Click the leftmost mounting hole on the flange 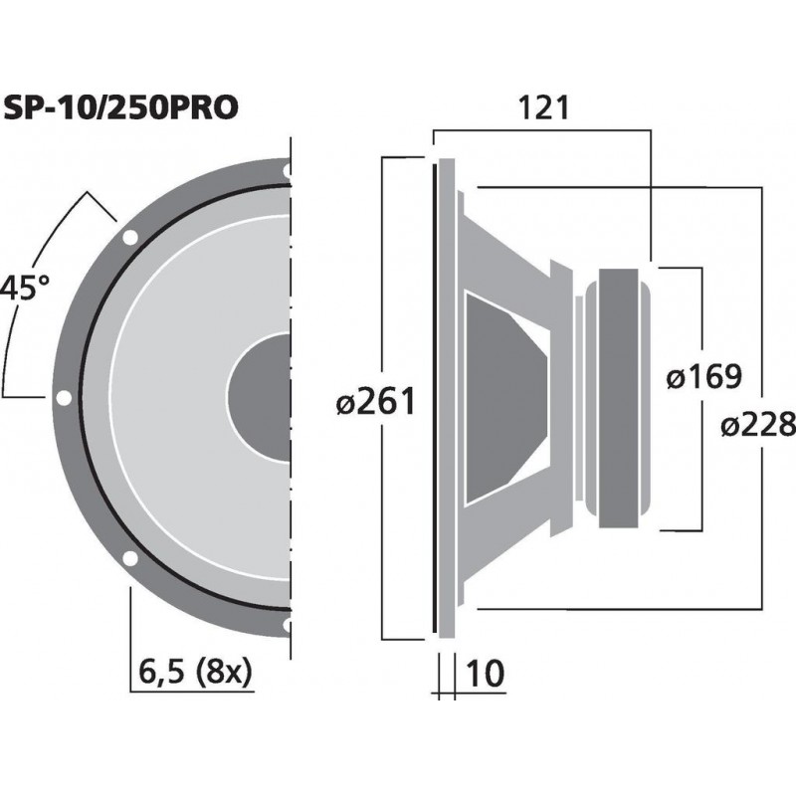64,398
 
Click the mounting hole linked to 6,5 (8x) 129,558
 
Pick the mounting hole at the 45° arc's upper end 129,238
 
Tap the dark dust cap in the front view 261,398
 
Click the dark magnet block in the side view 624,398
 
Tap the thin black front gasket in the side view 435,398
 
